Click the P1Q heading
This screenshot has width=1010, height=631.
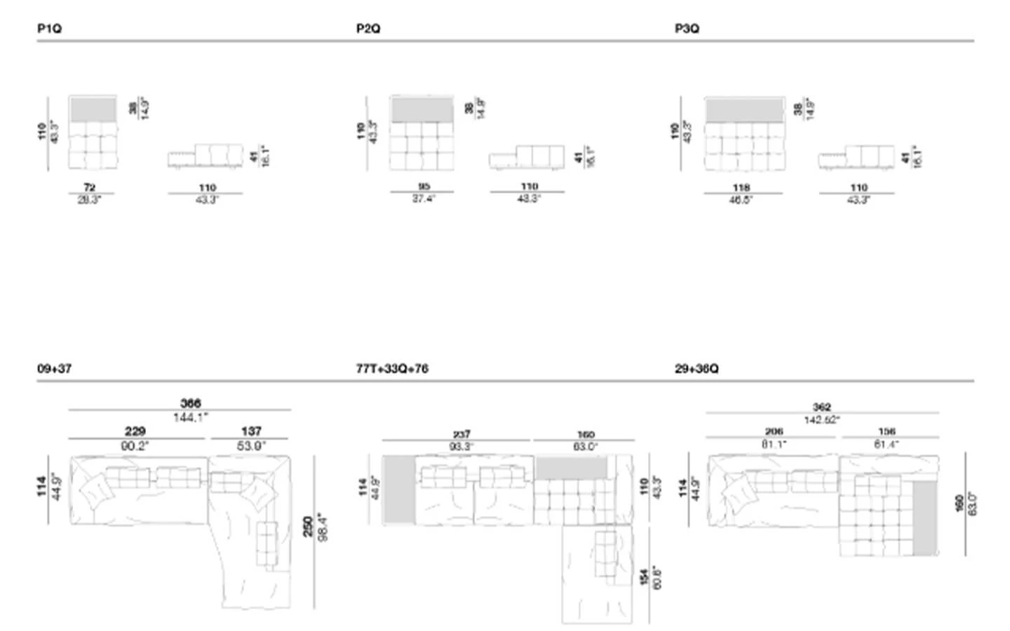49,29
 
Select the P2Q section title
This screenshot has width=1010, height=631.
368,29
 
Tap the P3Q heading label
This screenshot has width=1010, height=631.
687,29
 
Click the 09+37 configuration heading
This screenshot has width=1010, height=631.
54,369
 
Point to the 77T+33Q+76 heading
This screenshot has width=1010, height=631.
392,369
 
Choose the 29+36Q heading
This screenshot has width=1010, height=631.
696,369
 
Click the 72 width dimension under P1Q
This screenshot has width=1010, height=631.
90,187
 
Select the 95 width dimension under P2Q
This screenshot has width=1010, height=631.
424,186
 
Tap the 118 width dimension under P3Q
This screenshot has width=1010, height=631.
741,187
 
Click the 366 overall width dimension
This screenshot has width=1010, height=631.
191,403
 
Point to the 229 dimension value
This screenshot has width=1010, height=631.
135,431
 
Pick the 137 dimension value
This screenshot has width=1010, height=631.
251,431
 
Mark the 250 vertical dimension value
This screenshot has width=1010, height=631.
308,527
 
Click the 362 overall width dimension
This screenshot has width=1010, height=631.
821,407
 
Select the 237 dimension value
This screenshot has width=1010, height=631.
462,434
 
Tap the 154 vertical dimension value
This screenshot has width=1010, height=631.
644,577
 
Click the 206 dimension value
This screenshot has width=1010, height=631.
774,432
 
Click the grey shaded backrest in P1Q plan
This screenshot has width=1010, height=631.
93,109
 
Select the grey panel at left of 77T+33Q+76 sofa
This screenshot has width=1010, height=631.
398,489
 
